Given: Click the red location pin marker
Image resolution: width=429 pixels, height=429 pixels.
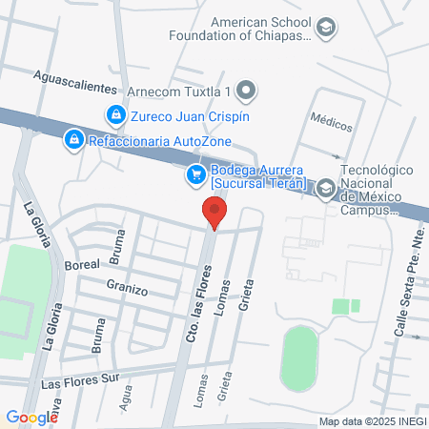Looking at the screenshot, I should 215,212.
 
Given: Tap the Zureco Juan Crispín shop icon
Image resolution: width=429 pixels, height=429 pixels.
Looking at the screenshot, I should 115,115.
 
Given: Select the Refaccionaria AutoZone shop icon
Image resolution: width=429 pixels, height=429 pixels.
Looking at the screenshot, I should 73,140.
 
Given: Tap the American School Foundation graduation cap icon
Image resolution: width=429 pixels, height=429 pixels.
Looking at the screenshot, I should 327,28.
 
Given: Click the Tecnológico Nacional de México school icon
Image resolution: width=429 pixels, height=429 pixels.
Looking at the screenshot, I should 326,187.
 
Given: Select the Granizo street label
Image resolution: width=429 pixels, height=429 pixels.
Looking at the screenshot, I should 126,287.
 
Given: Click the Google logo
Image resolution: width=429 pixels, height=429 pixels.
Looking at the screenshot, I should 31,417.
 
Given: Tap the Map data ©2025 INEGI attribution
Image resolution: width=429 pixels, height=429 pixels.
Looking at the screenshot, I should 373,421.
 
